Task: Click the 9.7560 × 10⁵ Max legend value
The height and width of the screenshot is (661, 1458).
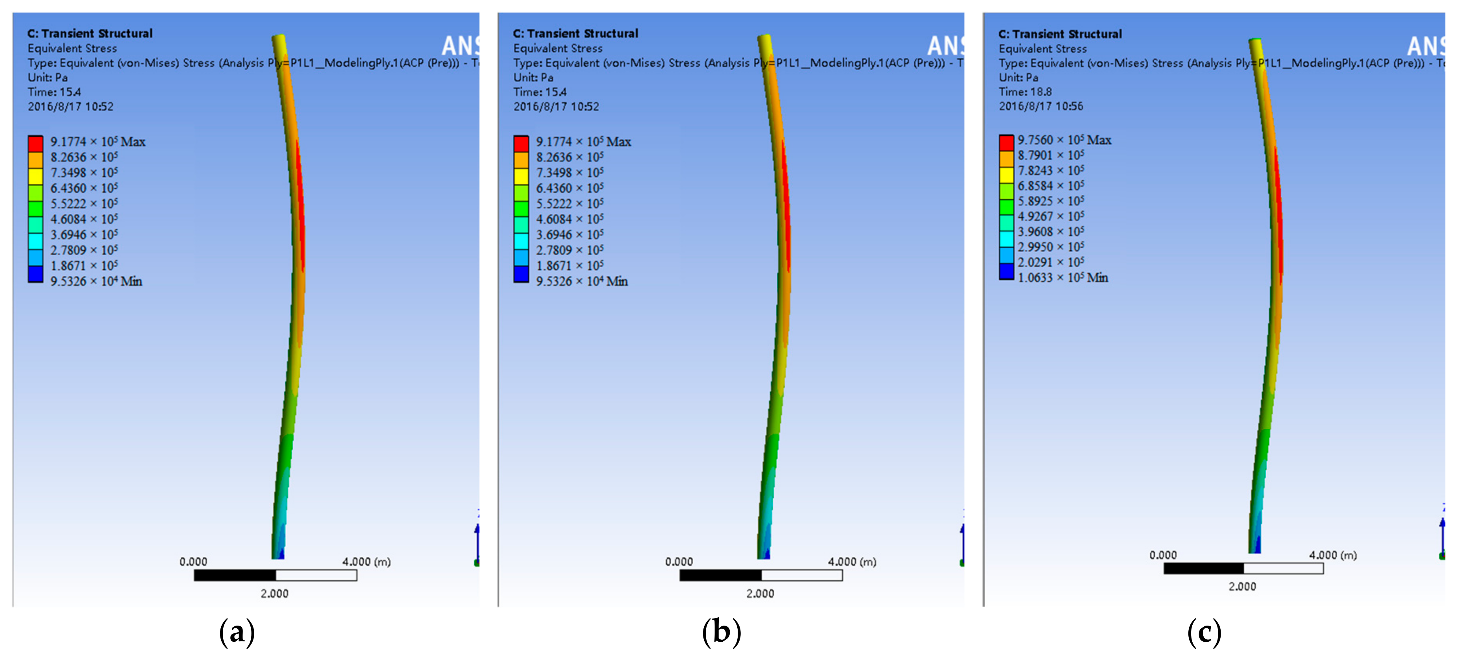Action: point(1064,140)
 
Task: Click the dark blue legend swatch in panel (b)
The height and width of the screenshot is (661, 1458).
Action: point(521,274)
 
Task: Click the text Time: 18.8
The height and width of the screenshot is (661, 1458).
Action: point(1025,92)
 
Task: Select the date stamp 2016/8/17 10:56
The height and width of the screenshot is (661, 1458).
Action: point(1040,106)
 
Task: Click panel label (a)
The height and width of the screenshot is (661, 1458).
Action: point(237,631)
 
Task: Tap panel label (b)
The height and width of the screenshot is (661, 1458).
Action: point(721,631)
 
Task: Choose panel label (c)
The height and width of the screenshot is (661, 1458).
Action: point(1204,631)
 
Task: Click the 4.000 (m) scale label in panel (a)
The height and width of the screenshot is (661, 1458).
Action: point(366,561)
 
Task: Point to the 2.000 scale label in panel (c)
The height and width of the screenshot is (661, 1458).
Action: point(1242,586)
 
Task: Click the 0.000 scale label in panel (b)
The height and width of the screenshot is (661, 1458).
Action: point(679,561)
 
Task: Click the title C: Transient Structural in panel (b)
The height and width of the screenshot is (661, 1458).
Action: point(575,33)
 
